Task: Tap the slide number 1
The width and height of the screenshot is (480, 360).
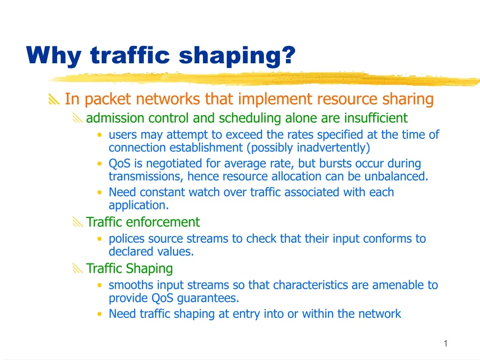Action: (445, 344)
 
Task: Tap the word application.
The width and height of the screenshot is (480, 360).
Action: (138, 205)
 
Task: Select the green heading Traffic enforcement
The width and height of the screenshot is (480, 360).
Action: (142, 222)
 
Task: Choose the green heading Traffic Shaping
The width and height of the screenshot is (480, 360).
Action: (129, 269)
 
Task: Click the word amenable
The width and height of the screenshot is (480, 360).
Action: (386, 285)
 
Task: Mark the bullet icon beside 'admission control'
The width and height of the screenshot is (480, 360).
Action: (77, 118)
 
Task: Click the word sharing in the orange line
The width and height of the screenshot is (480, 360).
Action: (408, 99)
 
